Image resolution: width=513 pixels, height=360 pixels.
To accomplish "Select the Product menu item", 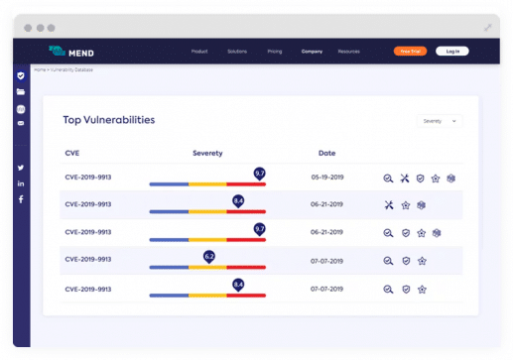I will point(199,51).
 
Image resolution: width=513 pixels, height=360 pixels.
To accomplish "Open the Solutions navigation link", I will point(236,51).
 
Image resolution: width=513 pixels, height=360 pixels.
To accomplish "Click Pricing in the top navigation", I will point(275,51).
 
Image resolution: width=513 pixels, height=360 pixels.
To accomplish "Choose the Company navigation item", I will point(313,51).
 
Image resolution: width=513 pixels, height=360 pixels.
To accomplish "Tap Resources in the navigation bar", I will point(348,51).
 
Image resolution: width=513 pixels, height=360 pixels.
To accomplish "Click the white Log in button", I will point(452,51).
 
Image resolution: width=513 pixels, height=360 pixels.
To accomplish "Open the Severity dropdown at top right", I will point(441,120).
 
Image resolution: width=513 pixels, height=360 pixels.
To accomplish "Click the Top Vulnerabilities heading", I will point(109,120).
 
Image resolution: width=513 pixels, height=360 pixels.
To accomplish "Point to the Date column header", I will point(326,153).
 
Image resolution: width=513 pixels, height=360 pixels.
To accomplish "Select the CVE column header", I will point(71,153).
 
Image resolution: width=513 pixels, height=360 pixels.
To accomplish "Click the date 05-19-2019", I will point(326,178).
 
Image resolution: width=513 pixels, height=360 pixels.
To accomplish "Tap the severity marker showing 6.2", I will point(209,256).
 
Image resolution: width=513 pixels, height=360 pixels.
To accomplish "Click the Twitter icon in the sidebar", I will point(21,168).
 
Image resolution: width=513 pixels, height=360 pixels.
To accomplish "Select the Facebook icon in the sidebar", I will point(21,199).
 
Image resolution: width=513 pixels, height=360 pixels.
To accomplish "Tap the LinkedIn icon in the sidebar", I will point(21,183).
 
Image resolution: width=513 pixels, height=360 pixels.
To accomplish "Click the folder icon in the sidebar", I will point(21,91).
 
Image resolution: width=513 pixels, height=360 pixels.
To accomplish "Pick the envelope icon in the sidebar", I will point(21,123).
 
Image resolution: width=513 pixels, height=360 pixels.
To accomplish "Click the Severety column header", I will point(207,153).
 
